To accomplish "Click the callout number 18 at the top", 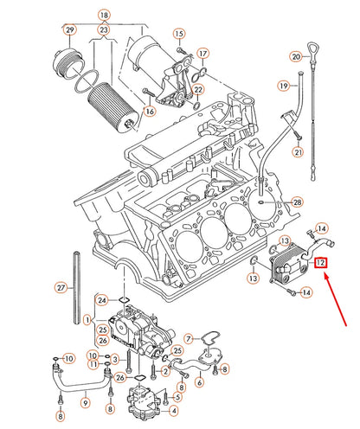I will pyautogui.click(x=104, y=16).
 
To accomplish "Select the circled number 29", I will pyautogui.click(x=70, y=32).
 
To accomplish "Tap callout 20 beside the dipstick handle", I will pyautogui.click(x=296, y=57).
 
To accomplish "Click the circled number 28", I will pyautogui.click(x=298, y=202).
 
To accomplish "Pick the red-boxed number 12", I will pyautogui.click(x=320, y=262).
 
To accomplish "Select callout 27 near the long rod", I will pyautogui.click(x=61, y=286).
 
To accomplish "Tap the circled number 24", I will pyautogui.click(x=101, y=300).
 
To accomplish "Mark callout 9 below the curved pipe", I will pyautogui.click(x=85, y=401).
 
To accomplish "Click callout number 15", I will pyautogui.click(x=180, y=34).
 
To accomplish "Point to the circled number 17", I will pyautogui.click(x=202, y=53).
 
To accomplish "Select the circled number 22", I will pyautogui.click(x=198, y=90).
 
